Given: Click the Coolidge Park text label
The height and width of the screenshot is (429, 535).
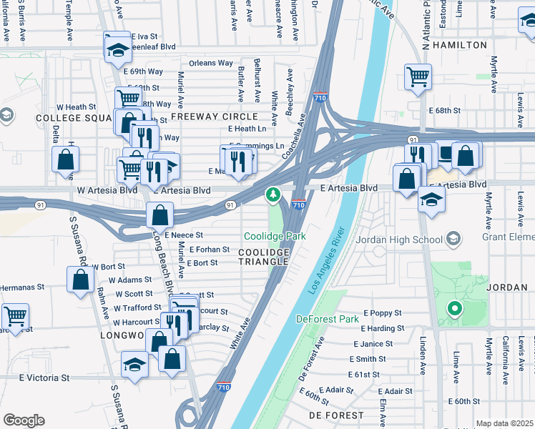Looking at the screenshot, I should [275, 236].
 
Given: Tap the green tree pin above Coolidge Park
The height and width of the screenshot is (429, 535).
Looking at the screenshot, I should [273, 194].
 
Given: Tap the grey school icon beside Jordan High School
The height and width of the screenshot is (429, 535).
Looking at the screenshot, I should [452, 238].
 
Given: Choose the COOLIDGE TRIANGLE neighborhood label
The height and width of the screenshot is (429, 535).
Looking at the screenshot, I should [263, 257].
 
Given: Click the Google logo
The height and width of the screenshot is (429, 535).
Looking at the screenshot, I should [24, 420].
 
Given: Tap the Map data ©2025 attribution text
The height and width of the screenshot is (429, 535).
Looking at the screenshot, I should [504, 423].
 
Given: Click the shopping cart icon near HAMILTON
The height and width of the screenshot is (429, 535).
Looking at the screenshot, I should [418, 77].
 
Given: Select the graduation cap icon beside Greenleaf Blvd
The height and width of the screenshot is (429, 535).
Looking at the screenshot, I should [117, 50].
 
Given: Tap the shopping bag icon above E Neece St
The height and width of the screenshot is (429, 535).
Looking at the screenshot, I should [160, 214].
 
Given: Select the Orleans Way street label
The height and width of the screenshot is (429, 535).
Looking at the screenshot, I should [211, 63].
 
